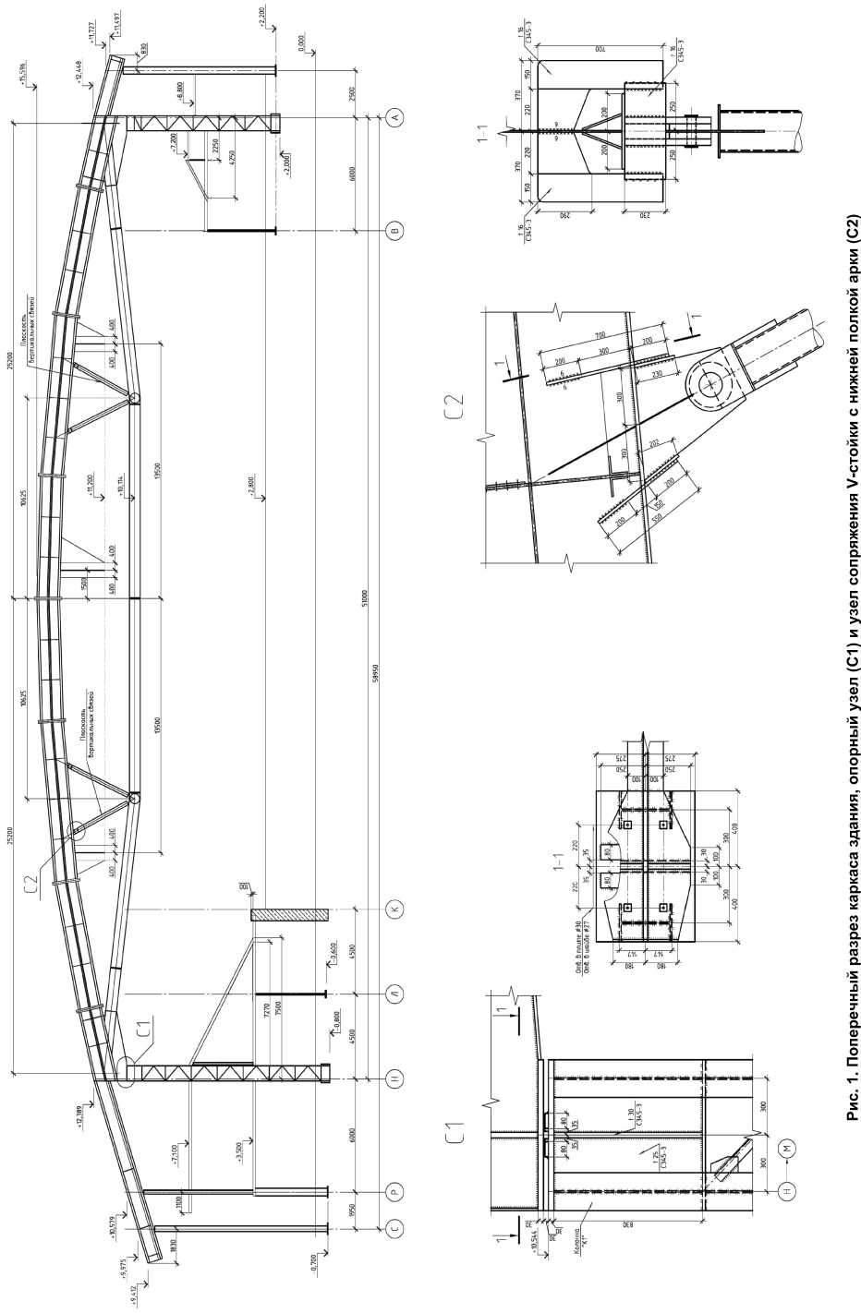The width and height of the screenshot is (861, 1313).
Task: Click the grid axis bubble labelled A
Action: tap(395, 117)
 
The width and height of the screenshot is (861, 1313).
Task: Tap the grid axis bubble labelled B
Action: tap(395, 230)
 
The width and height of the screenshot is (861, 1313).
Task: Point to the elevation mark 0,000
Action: tap(302, 41)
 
